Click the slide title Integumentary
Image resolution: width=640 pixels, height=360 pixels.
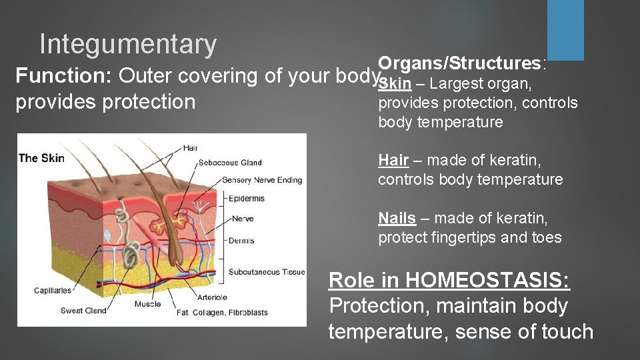tap(128, 45)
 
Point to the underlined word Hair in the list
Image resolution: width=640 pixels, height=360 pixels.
tap(393, 160)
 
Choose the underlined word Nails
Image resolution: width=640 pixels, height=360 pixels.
tap(397, 218)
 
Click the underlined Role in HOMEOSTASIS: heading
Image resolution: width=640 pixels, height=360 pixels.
tap(449, 280)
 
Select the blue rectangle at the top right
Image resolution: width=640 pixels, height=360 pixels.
tap(565, 30)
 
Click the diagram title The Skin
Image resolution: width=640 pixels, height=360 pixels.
tap(42, 158)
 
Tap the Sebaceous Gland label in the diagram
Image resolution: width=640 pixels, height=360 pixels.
tap(230, 163)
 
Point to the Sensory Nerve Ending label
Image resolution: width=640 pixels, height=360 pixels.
tap(261, 180)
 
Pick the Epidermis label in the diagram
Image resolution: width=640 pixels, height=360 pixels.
tap(246, 198)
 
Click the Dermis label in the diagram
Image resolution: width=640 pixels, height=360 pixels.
tap(241, 241)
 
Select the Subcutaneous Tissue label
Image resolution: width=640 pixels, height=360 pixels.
tap(266, 271)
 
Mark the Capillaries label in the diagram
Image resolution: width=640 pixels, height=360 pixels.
tap(53, 291)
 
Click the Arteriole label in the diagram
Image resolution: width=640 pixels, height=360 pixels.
tap(212, 297)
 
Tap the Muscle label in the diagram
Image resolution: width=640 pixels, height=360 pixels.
tap(147, 304)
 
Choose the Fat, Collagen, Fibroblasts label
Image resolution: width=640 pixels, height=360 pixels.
tap(222, 313)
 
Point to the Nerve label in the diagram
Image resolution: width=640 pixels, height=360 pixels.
tap(243, 219)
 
